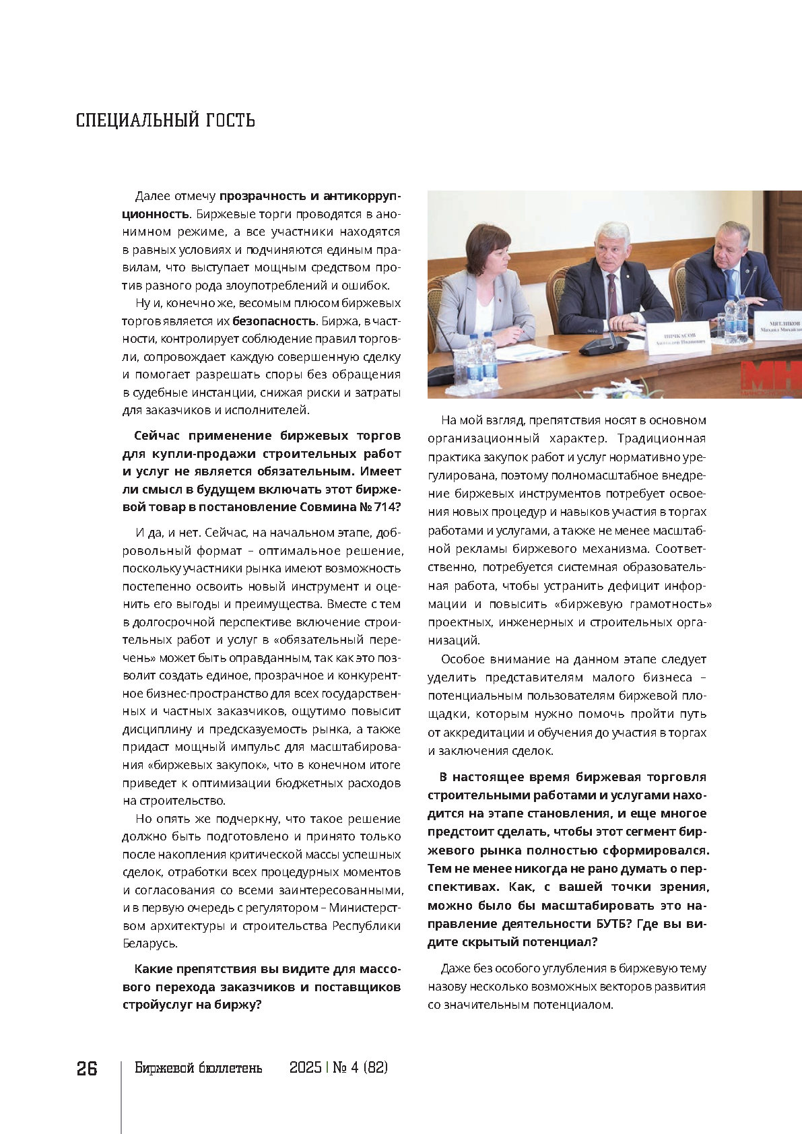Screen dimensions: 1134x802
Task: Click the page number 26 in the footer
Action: coord(87,1069)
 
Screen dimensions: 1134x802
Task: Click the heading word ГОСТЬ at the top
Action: coord(230,121)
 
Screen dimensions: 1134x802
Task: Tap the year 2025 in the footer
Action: coord(305,1068)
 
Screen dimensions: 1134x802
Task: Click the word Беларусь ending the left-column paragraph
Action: coord(148,943)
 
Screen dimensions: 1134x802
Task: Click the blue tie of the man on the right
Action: coord(729,283)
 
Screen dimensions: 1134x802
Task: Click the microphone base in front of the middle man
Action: coord(603,346)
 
